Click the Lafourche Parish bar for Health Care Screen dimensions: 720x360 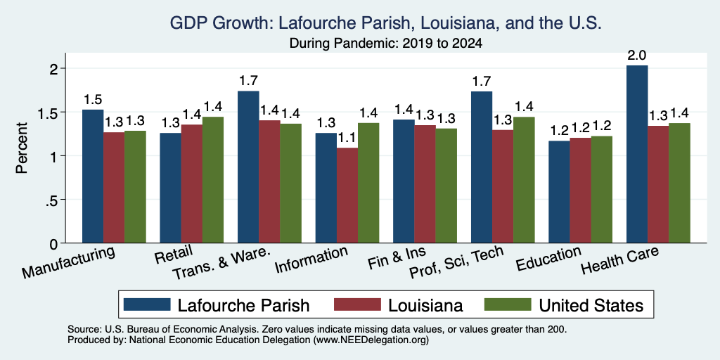coord(637,154)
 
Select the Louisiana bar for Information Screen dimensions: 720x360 coord(347,195)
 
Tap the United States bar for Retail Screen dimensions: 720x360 coord(213,180)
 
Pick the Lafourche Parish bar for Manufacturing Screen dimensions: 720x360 coord(93,176)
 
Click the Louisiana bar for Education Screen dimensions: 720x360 coord(580,191)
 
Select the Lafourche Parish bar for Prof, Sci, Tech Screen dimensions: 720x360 coord(482,167)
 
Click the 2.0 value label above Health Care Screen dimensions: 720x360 coord(637,56)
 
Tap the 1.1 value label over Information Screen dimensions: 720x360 coord(347,138)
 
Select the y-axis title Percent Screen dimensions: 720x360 coord(22,148)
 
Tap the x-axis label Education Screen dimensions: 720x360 coord(549,259)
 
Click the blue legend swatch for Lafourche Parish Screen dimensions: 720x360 coord(147,304)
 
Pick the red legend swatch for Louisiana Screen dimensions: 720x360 coord(358,304)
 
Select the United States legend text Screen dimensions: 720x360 coord(591,305)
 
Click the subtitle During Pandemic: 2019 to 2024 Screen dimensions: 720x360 coord(386,44)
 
